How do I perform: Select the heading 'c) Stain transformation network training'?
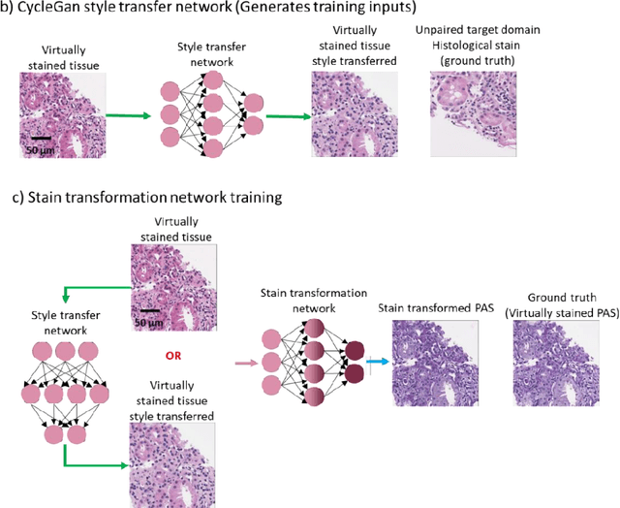click(x=145, y=197)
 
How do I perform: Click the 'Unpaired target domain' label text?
click(x=478, y=30)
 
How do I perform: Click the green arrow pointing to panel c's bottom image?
click(x=97, y=463)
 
